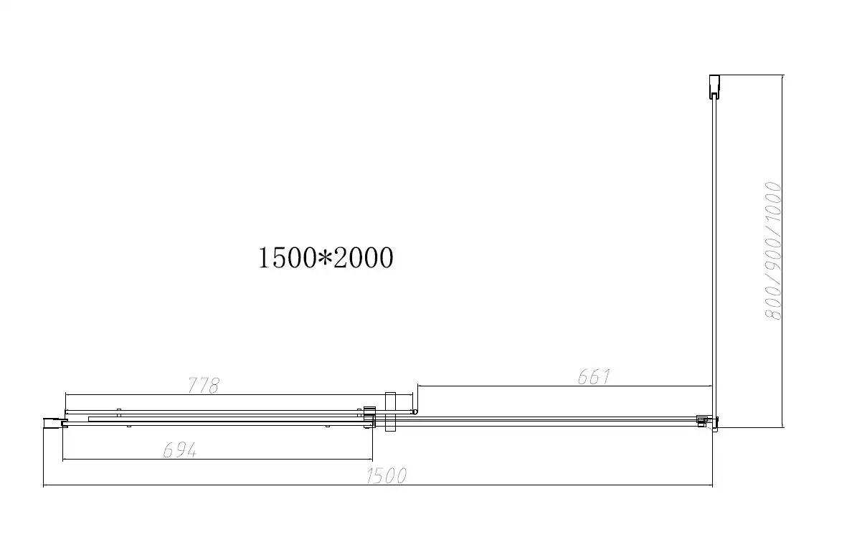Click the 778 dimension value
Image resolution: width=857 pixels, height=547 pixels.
[x=204, y=385]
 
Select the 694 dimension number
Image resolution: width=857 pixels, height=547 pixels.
[x=180, y=450]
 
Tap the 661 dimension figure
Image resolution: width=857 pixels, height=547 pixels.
[x=594, y=376]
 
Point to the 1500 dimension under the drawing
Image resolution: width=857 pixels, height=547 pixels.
[x=387, y=476]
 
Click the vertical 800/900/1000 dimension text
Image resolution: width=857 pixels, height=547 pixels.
[x=773, y=251]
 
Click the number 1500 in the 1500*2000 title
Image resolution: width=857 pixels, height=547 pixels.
[x=287, y=257]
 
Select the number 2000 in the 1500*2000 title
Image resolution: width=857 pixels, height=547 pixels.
[x=364, y=257]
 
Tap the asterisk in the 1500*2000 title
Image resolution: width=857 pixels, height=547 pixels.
[x=325, y=257]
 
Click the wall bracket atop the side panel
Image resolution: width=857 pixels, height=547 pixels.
[x=714, y=86]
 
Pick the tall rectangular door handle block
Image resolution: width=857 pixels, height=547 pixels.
[x=390, y=412]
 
